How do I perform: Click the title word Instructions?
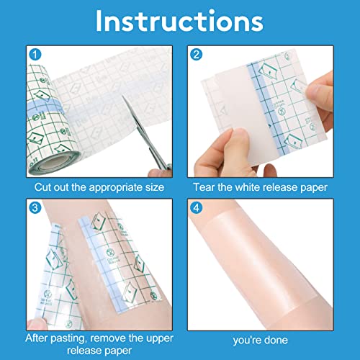pos(179,22)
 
